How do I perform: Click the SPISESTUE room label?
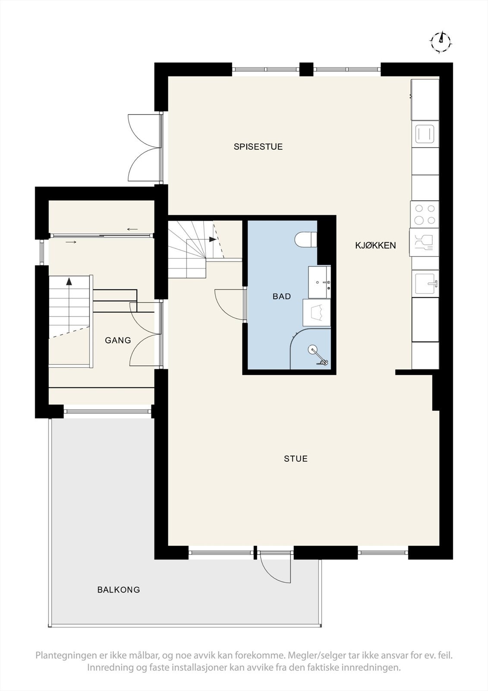[x=258, y=147]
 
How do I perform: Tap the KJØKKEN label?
[x=375, y=245]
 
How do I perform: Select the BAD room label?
[x=281, y=296]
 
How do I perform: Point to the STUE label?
[x=296, y=459]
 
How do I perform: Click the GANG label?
[x=118, y=340]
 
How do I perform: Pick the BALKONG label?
[x=119, y=590]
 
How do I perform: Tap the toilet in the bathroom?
[x=306, y=240]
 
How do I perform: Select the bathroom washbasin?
[x=319, y=282]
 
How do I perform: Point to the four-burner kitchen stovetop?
[x=425, y=215]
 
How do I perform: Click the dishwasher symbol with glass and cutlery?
[x=425, y=242]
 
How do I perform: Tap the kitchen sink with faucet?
[x=425, y=283]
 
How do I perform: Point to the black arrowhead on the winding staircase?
[x=212, y=239]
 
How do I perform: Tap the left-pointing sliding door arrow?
[x=132, y=229]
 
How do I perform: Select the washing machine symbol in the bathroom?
[x=317, y=312]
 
